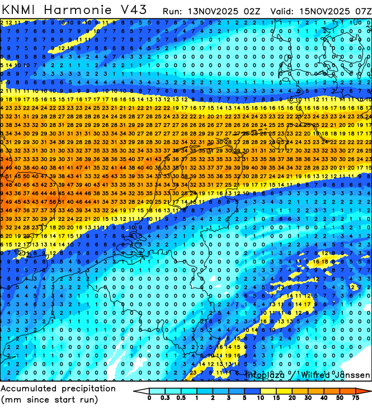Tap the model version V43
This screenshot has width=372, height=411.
click(135, 10)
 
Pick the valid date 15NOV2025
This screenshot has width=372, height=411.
click(323, 11)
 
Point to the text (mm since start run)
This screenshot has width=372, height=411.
click(50, 400)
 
